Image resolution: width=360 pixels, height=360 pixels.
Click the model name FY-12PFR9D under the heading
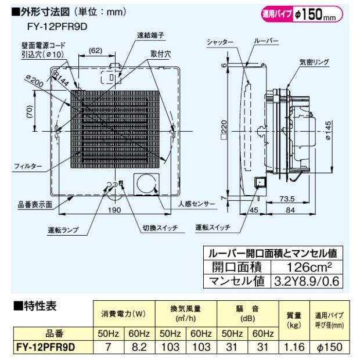pyautogui.click(x=57, y=27)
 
